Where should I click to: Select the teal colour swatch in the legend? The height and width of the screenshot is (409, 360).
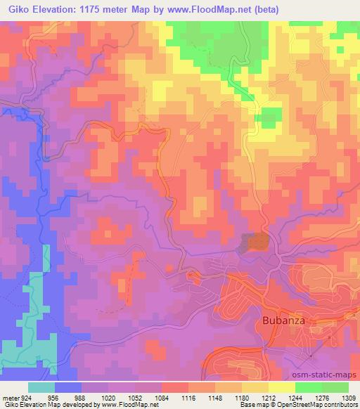[41, 388]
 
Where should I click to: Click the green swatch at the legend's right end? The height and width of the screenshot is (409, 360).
[335, 388]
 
